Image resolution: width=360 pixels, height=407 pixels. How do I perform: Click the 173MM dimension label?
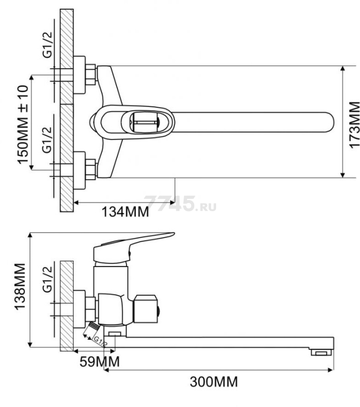coord(354,125)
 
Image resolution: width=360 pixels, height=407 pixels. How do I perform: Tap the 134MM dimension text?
coord(125,212)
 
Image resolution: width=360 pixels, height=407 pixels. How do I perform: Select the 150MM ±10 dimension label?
coord(23,125)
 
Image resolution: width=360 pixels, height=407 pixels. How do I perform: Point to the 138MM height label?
coord(20,286)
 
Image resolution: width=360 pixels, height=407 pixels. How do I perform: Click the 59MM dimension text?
coord(100,362)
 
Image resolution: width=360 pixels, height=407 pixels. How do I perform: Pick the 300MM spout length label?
coord(214,382)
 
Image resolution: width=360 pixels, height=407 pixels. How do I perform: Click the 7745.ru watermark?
coord(180,204)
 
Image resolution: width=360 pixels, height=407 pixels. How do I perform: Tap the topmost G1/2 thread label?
coord(47,45)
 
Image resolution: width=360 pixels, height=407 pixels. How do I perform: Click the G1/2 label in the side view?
coord(47,279)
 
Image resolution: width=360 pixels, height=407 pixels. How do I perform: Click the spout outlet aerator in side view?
coord(322,352)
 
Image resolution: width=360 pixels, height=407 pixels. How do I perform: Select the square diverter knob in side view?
coord(145,309)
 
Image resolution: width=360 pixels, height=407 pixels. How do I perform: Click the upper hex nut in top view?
coord(91,75)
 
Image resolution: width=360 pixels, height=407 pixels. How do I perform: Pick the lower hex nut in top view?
coord(91,170)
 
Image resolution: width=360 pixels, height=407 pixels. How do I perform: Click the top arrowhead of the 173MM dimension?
coord(343,68)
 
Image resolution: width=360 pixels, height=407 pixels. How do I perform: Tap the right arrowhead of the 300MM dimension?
coord(331,370)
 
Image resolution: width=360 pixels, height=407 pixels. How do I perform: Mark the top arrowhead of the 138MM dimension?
coord(31,235)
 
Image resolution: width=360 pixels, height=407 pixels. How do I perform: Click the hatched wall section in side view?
coord(67,306)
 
